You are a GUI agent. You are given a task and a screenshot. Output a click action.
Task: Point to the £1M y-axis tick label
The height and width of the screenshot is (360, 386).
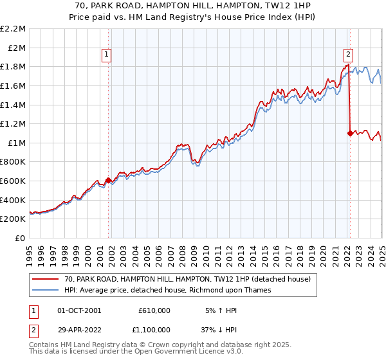click(17, 143)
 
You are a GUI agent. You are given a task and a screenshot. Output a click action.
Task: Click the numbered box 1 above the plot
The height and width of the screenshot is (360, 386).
click(107, 55)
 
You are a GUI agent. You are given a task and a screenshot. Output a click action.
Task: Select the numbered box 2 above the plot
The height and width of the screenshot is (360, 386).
click(348, 55)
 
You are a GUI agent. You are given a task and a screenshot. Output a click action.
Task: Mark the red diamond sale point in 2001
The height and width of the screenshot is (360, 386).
click(108, 180)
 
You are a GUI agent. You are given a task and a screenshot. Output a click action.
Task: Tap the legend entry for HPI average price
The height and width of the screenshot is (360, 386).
click(167, 290)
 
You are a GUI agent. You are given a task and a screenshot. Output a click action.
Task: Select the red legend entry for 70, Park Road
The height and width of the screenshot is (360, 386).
click(187, 279)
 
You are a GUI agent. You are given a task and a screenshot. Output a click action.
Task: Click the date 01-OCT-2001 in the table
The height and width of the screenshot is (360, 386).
click(79, 310)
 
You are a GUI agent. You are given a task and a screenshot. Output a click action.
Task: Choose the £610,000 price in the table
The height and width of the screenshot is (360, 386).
click(154, 310)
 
